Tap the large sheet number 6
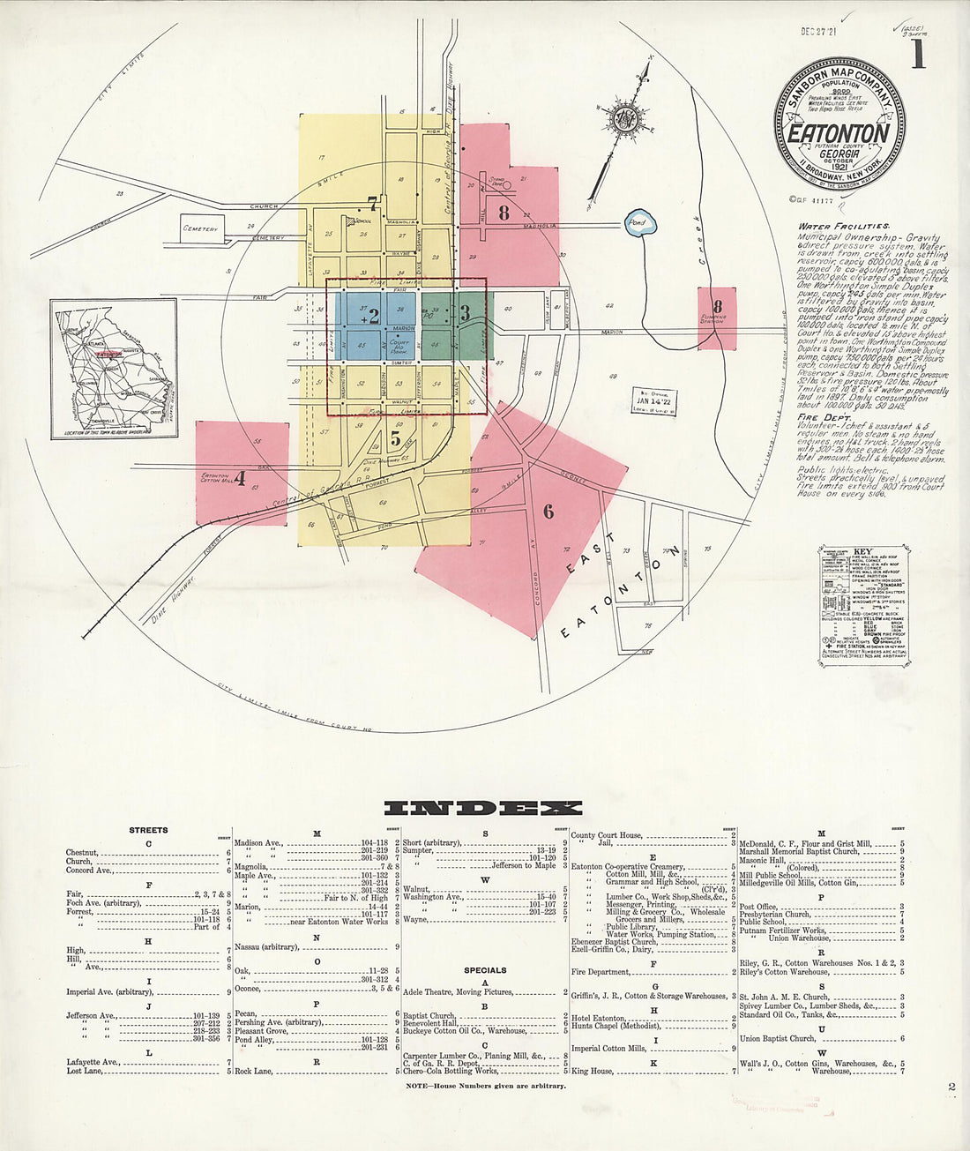[x=548, y=511]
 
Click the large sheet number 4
[x=239, y=480]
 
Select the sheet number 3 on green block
[x=464, y=313]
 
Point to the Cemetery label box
[x=200, y=228]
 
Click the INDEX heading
[x=483, y=808]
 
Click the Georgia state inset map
[x=113, y=367]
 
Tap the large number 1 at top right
[x=917, y=54]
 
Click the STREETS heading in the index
[x=148, y=830]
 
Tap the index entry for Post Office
[x=759, y=906]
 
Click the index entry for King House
[x=592, y=1071]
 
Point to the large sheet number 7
[x=373, y=204]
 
